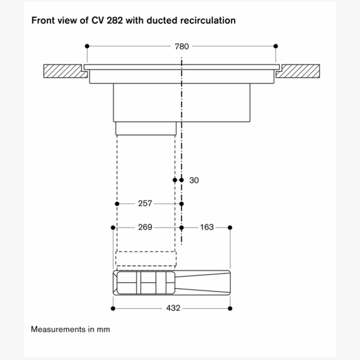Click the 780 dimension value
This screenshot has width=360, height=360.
[x=181, y=46]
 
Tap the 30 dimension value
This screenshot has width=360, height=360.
[x=193, y=180]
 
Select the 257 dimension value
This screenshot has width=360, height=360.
[x=145, y=203]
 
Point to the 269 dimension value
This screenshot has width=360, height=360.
[x=145, y=227]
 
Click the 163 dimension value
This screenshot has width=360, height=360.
[x=206, y=227]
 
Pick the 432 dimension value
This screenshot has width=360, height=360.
[x=172, y=308]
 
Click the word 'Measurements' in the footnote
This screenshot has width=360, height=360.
[x=57, y=329]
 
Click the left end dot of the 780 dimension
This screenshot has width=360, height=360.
[x=87, y=46]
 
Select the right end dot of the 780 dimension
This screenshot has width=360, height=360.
[x=275, y=46]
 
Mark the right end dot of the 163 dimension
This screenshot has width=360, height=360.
[x=230, y=227]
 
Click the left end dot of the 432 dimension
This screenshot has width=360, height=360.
[x=113, y=308]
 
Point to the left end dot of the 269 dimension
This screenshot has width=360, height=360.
[x=113, y=227]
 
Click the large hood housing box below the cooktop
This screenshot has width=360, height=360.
[x=180, y=101]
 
